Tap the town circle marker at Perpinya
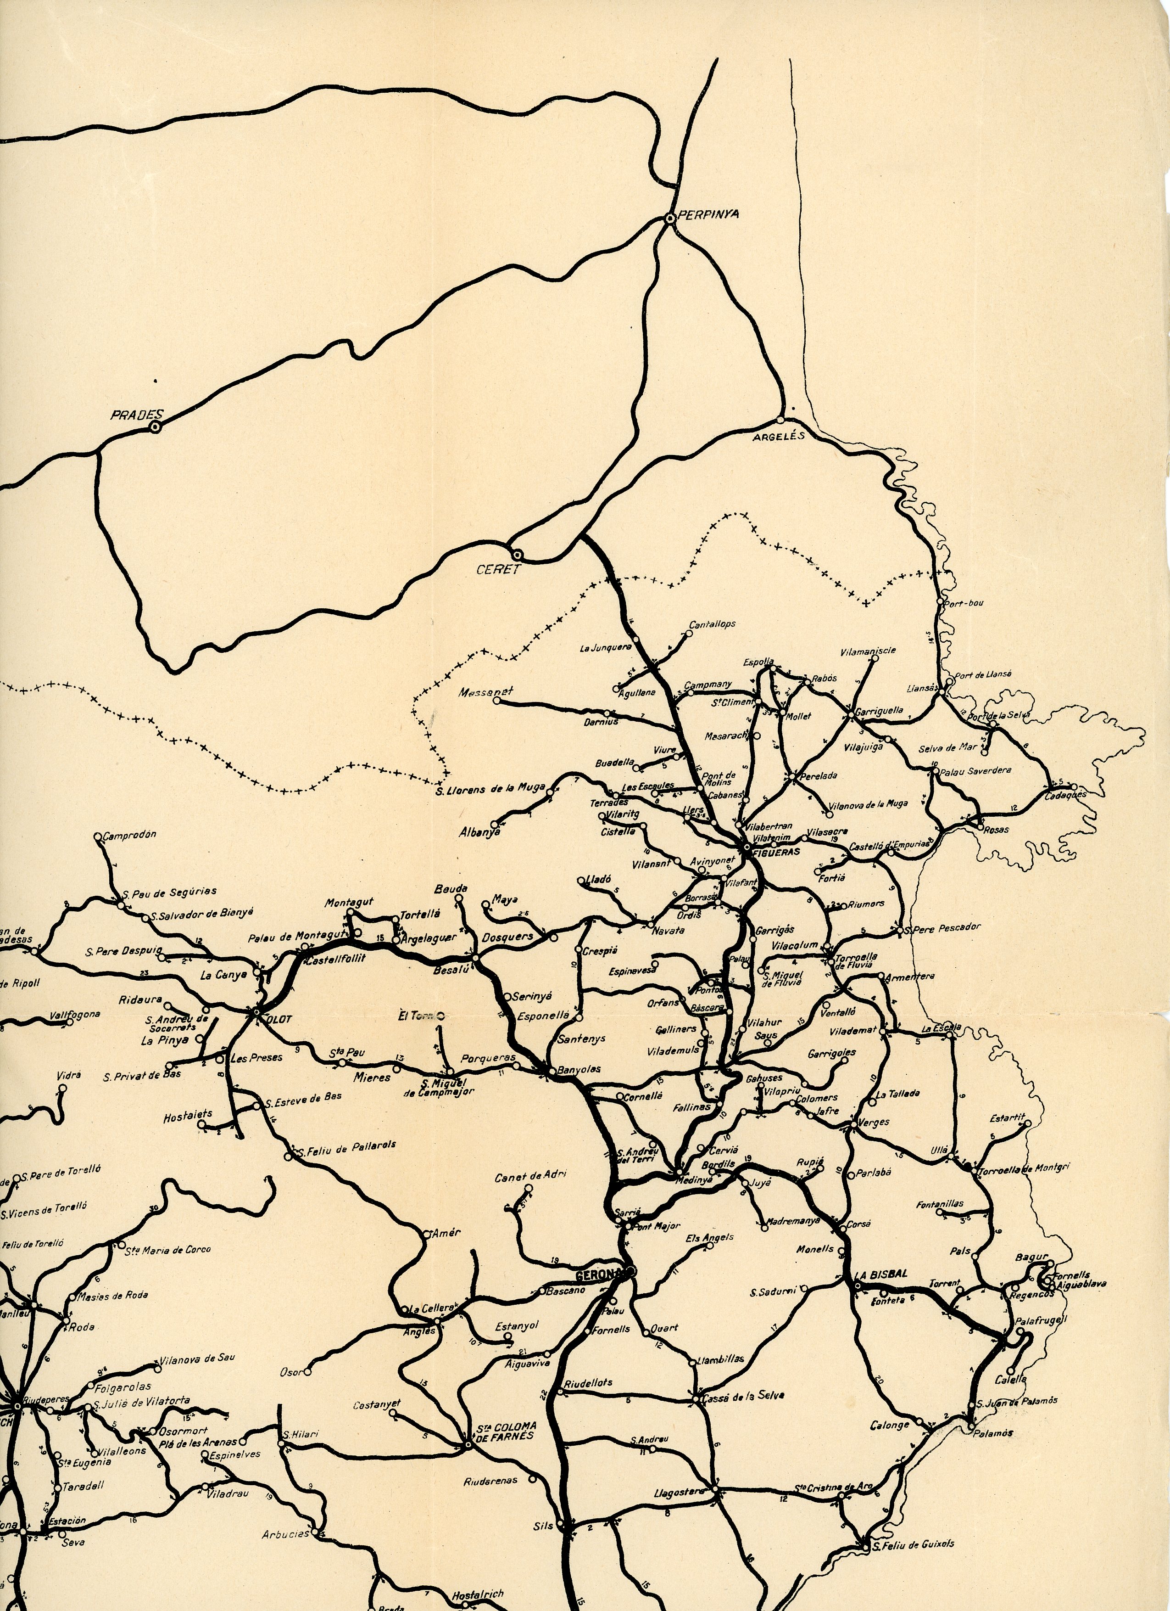(669, 219)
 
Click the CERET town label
(498, 569)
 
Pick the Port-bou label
(965, 603)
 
